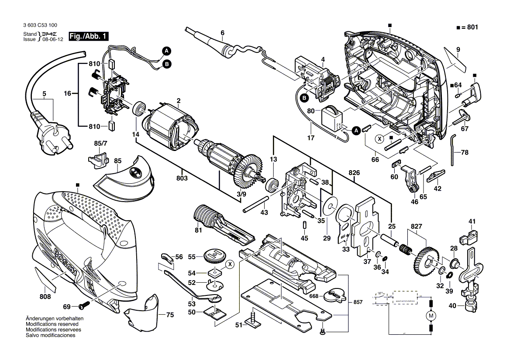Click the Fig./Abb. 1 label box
[x=89, y=36]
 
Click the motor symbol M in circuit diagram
[x=431, y=315]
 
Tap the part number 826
[x=354, y=173]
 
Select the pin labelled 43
[x=256, y=204]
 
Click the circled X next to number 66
[x=379, y=138]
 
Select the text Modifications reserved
[x=52, y=325]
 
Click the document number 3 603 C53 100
[x=40, y=26]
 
